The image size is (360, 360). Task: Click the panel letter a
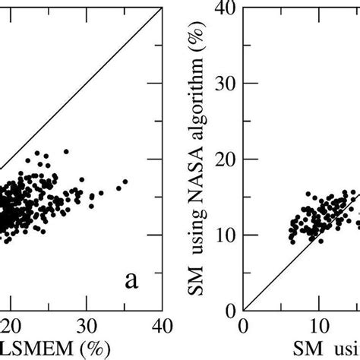[131, 282]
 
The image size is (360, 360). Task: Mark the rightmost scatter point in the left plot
[125, 182]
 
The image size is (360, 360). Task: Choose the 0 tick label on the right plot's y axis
[229, 310]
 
